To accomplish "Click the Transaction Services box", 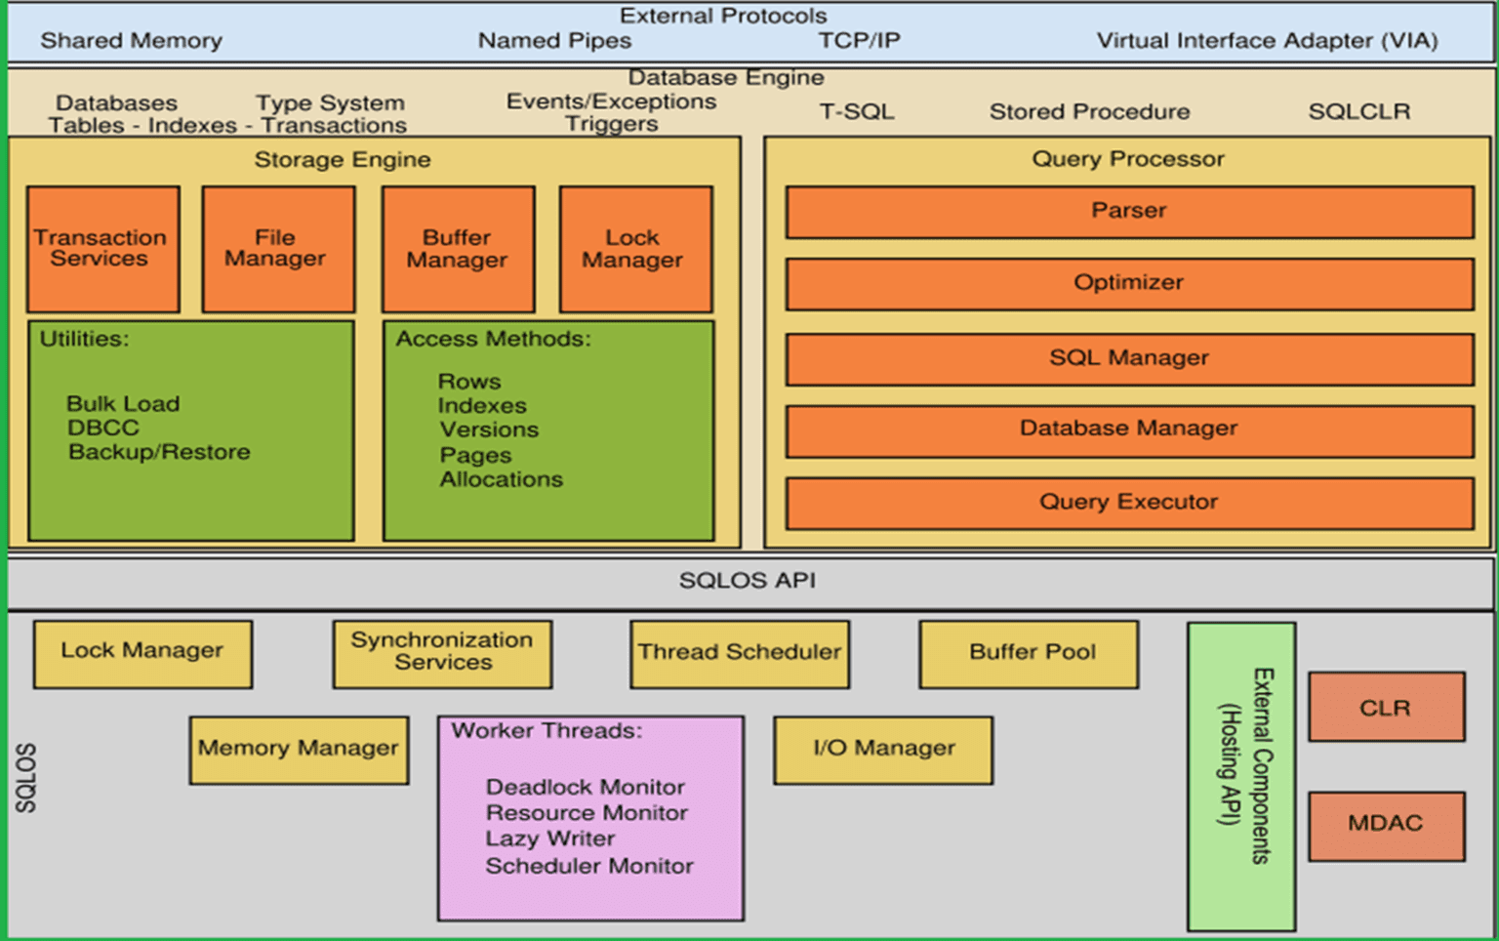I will point(102,249).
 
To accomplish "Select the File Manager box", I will point(278,249).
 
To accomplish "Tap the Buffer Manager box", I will point(458,249).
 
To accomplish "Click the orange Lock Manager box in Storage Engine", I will point(635,249).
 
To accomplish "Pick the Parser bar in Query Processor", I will point(1129,212).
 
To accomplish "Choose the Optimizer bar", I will point(1129,283).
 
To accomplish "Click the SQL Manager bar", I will point(1129,358).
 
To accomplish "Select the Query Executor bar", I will point(1129,503).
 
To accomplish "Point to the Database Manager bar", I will point(1129,430).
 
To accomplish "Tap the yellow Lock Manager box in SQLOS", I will point(142,653).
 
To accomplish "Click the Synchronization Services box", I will point(442,653).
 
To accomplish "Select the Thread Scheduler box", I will point(739,653).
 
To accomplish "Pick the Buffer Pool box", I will point(1029,653).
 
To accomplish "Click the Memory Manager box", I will point(299,750).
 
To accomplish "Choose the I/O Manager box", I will point(883,750).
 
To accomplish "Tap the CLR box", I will point(1386,708).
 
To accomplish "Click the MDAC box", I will point(1386,825).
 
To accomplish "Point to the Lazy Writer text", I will point(550,839).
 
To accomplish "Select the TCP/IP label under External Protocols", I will point(859,41).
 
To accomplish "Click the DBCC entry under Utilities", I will point(103,429).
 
